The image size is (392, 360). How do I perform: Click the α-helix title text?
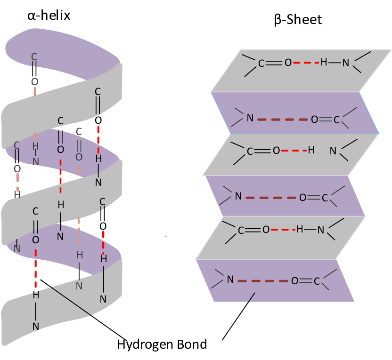[x=49, y=15]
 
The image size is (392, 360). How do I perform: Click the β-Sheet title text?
[x=297, y=20]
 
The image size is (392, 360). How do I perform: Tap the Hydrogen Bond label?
[x=162, y=344]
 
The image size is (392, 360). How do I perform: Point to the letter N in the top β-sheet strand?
[x=345, y=63]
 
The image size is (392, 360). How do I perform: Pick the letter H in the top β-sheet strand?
[x=324, y=62]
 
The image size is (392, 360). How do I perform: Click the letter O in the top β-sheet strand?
[x=288, y=63]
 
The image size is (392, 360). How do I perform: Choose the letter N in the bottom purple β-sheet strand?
[x=230, y=280]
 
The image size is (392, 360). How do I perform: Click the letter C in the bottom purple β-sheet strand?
[x=317, y=281]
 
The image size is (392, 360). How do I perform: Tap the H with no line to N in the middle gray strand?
[x=311, y=151]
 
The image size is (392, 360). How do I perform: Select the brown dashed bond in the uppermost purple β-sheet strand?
[x=282, y=119]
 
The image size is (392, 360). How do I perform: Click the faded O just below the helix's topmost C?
[x=34, y=81]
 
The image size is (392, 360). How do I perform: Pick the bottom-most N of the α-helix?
[x=36, y=326]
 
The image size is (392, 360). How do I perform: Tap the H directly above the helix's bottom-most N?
[x=36, y=295]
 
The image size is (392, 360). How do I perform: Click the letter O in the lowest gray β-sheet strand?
[x=266, y=230]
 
